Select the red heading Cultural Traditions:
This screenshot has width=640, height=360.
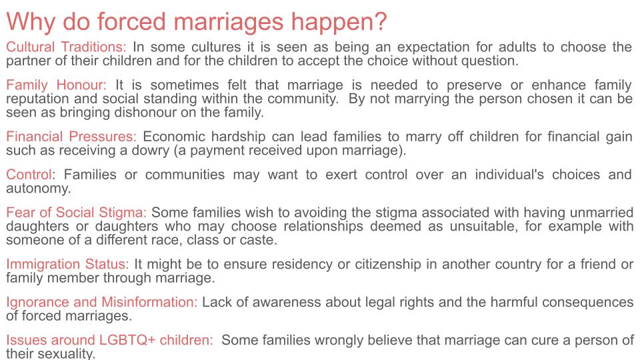66,47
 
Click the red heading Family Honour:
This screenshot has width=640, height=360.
56,85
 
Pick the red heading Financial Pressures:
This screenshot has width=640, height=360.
71,137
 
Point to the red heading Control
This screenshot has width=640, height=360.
29,175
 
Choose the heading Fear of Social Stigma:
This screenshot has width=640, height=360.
76,213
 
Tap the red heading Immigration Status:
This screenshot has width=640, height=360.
67,264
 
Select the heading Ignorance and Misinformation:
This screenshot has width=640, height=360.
102,302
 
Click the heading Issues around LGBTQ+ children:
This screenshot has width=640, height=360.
109,340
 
